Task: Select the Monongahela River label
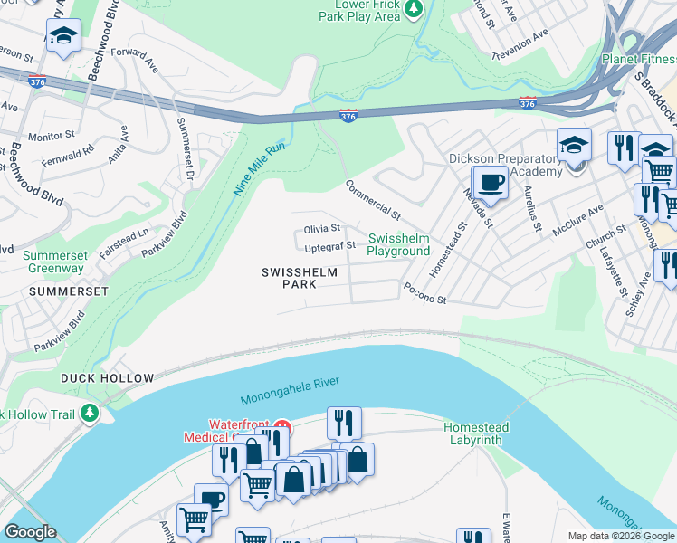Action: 290,391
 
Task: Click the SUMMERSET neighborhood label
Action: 68,291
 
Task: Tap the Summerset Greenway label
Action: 53,262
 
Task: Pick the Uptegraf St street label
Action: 329,246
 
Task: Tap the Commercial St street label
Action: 371,200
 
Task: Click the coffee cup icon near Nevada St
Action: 491,182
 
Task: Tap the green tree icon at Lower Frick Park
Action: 414,8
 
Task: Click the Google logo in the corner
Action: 31,532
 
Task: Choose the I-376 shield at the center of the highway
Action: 348,117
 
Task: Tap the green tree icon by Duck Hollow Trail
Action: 89,414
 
